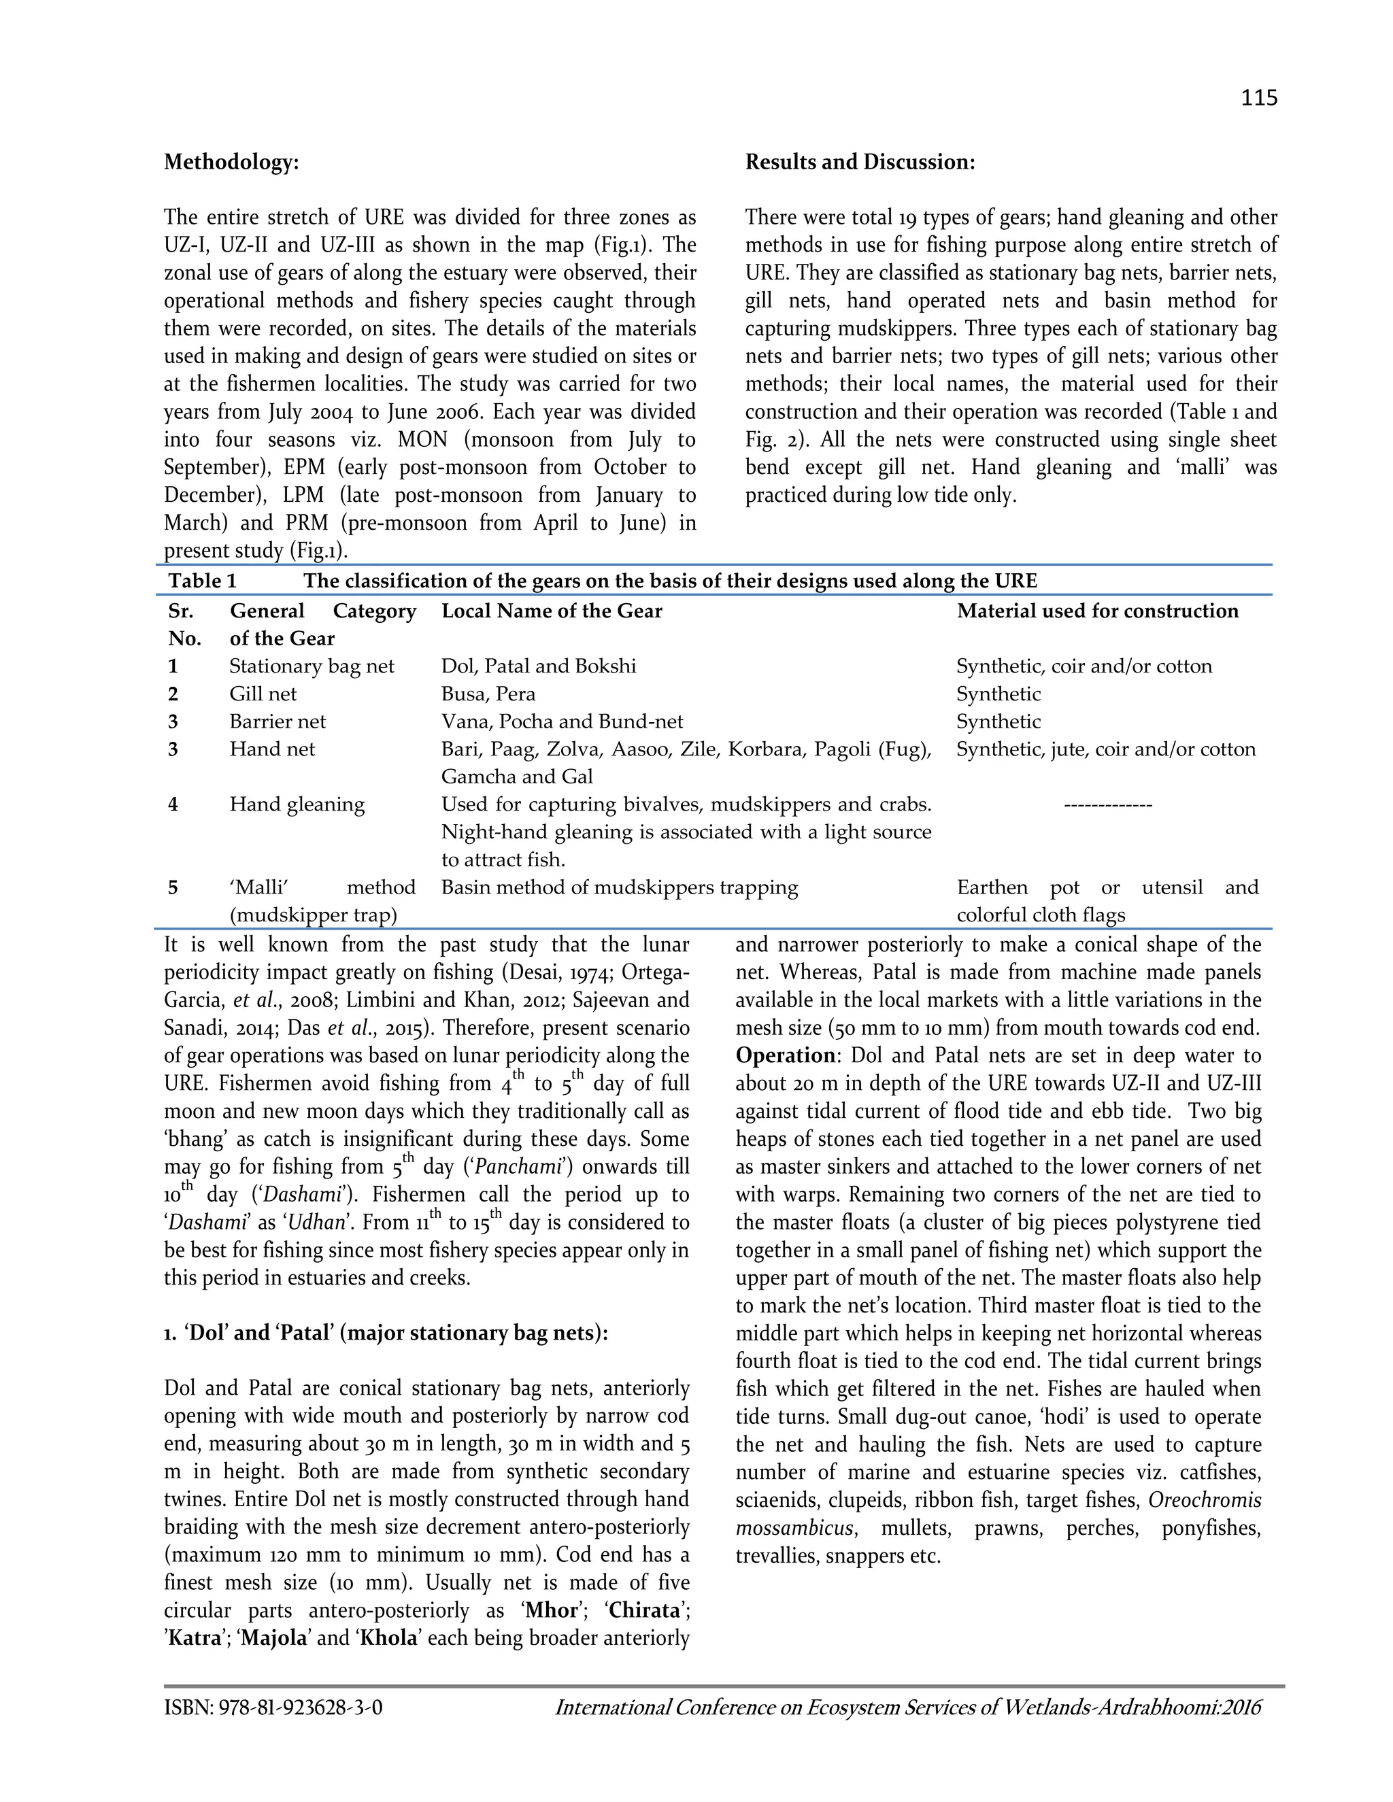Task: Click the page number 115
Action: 1258,98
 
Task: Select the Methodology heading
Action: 231,163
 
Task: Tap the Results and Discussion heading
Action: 860,163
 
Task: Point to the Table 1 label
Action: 202,581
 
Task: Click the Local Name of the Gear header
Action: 551,611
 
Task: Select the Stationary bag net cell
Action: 312,666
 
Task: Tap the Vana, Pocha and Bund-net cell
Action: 562,722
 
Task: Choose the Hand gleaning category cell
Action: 297,804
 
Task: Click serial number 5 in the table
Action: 173,888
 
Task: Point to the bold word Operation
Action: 786,1056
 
